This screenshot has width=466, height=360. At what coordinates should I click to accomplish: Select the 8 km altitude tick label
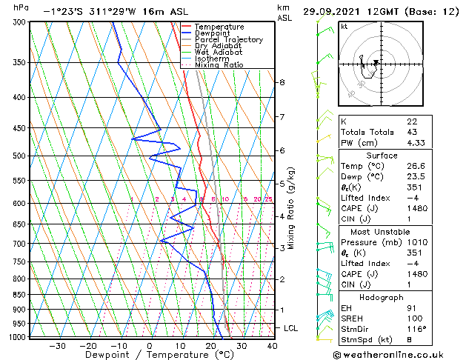point(282,82)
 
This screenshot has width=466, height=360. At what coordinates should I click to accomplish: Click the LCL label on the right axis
point(292,327)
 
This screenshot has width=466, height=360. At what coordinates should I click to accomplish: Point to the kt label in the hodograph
point(344,26)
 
